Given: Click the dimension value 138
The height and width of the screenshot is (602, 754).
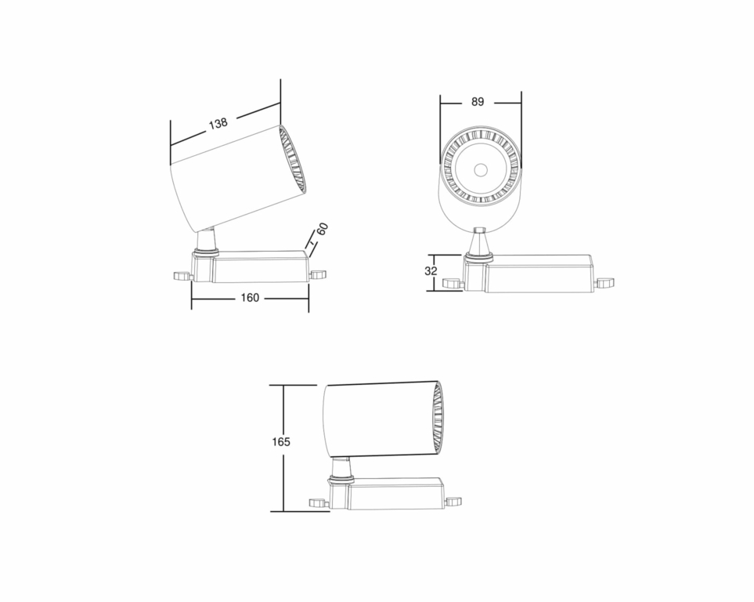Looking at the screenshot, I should click(x=218, y=123).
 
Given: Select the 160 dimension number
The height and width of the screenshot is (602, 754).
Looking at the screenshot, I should click(x=251, y=298).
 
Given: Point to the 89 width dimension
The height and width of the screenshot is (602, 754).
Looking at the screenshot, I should click(x=478, y=102).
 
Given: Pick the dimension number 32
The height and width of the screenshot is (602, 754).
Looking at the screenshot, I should click(x=430, y=271).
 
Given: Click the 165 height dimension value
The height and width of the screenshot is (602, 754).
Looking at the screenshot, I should click(x=281, y=442).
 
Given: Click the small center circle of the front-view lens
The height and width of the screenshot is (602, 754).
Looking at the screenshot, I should click(x=481, y=169).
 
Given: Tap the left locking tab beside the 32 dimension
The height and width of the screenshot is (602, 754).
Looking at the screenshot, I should click(x=451, y=283).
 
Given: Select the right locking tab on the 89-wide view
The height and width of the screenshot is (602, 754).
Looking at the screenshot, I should click(x=604, y=283).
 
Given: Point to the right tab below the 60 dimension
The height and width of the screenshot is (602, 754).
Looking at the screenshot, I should click(x=317, y=274).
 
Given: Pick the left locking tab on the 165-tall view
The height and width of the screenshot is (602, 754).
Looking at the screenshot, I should click(x=317, y=502).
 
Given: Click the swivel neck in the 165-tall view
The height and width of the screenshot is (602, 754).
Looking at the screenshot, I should click(x=341, y=468).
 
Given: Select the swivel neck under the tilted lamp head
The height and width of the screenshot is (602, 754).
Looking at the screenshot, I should click(x=207, y=240).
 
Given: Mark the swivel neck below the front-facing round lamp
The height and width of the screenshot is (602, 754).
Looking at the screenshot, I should click(x=479, y=243).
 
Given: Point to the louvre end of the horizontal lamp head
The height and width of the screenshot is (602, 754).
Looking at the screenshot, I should click(x=437, y=417).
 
